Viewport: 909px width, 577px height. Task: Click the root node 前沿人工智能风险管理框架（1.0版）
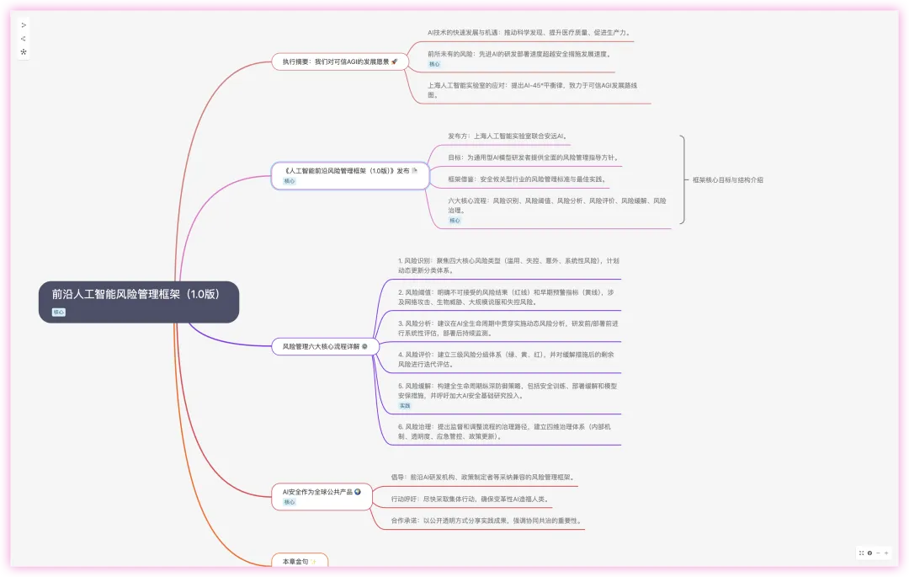tap(136, 295)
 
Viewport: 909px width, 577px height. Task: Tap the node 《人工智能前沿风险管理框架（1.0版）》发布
tap(345, 170)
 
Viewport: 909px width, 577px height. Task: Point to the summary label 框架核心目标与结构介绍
tap(728, 179)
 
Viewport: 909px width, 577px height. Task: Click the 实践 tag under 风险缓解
tap(405, 405)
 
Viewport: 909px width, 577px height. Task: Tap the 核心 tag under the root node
tap(59, 312)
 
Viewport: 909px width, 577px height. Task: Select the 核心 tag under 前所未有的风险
tap(434, 64)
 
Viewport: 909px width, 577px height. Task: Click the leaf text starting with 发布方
tap(508, 136)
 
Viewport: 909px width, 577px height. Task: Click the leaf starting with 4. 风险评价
tap(508, 360)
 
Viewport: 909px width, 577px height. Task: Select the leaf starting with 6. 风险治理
tap(508, 431)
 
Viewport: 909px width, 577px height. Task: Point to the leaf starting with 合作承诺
tap(486, 521)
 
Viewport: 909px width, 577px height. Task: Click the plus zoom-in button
tap(886, 553)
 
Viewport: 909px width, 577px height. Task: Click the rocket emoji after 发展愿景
tap(395, 61)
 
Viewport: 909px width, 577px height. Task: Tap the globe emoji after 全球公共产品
tap(359, 491)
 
